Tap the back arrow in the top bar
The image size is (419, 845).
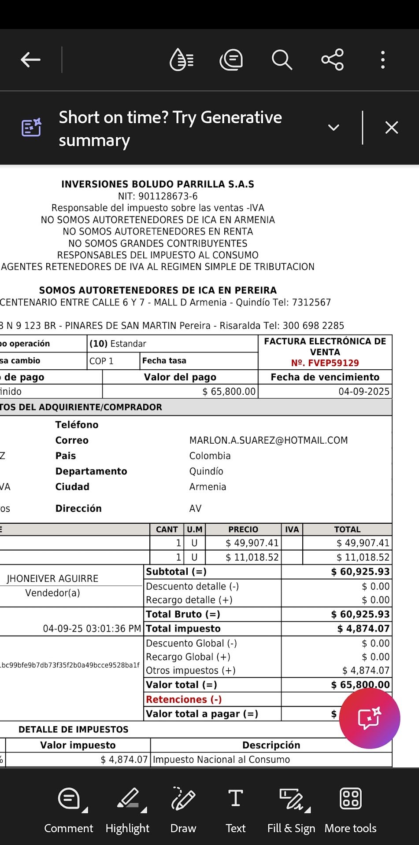tap(30, 60)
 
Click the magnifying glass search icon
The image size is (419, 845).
tap(282, 60)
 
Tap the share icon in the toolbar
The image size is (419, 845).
tap(332, 60)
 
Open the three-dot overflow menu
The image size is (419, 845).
tap(382, 60)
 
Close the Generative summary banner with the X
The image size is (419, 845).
tap(391, 128)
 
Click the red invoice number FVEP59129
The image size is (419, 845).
tap(325, 363)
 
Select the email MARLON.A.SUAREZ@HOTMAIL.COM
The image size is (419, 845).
tap(268, 441)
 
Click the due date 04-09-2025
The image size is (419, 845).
tap(364, 392)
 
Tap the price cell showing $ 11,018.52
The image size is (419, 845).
tap(252, 558)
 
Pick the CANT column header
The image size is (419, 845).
tap(167, 529)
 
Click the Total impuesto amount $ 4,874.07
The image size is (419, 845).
tap(363, 629)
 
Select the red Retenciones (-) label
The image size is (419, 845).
tap(184, 699)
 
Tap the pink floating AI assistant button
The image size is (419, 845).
tap(370, 718)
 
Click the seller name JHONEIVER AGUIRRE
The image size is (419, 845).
tap(52, 579)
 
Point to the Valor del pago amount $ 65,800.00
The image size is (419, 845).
tap(229, 392)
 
